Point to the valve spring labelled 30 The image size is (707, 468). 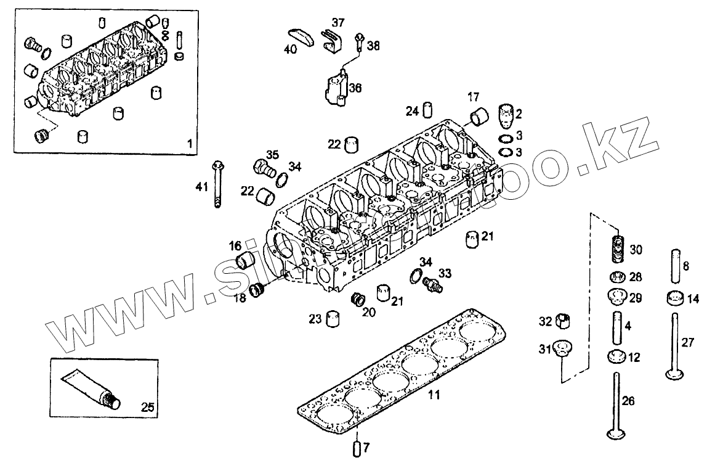tap(618, 248)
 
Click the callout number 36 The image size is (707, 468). tap(355, 88)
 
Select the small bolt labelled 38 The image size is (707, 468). tap(358, 43)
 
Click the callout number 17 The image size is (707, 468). tap(473, 97)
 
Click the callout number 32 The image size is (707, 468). tap(546, 321)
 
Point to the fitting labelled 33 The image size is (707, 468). tap(434, 282)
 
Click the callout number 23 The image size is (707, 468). tap(315, 319)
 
